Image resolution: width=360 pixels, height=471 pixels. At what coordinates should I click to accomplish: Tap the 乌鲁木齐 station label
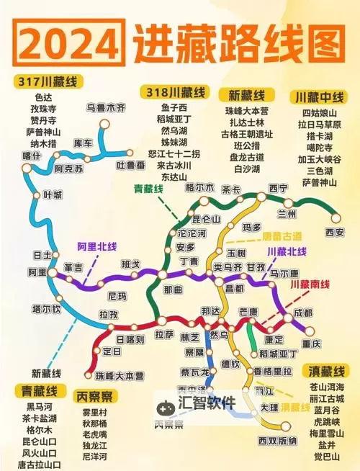[106, 107]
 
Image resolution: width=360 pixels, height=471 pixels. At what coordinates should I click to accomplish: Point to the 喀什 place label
[32, 155]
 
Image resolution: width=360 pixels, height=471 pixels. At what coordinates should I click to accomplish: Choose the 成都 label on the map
[304, 313]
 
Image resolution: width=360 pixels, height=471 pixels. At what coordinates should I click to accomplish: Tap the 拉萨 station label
[165, 334]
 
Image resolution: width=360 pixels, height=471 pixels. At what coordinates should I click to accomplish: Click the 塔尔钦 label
[45, 308]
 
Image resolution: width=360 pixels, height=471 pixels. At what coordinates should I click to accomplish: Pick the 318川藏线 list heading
[176, 92]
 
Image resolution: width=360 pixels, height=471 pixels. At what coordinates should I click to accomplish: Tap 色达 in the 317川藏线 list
[44, 97]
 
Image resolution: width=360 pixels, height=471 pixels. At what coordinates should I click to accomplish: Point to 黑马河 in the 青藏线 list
[39, 407]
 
